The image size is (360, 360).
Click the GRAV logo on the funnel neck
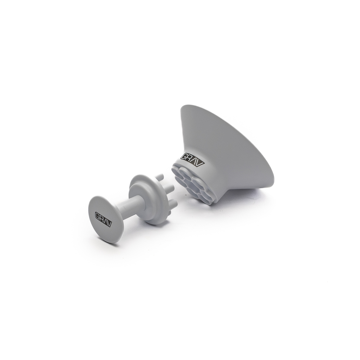pos(193,160)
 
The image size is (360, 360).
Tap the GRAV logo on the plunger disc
pos(103,219)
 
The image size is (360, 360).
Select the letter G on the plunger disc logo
pos(97,216)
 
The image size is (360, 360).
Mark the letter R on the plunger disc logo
pos(101,218)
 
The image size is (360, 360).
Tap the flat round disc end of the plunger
pos(104,219)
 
